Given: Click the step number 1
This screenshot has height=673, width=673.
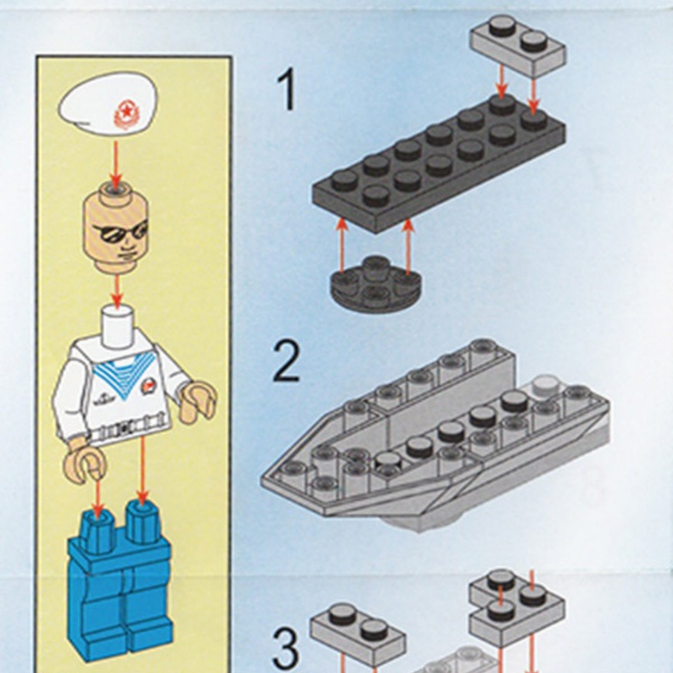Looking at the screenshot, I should pyautogui.click(x=287, y=90).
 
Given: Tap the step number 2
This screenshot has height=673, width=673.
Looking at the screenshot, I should pyautogui.click(x=287, y=363).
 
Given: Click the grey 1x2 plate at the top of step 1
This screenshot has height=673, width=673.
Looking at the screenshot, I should pyautogui.click(x=517, y=47).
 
